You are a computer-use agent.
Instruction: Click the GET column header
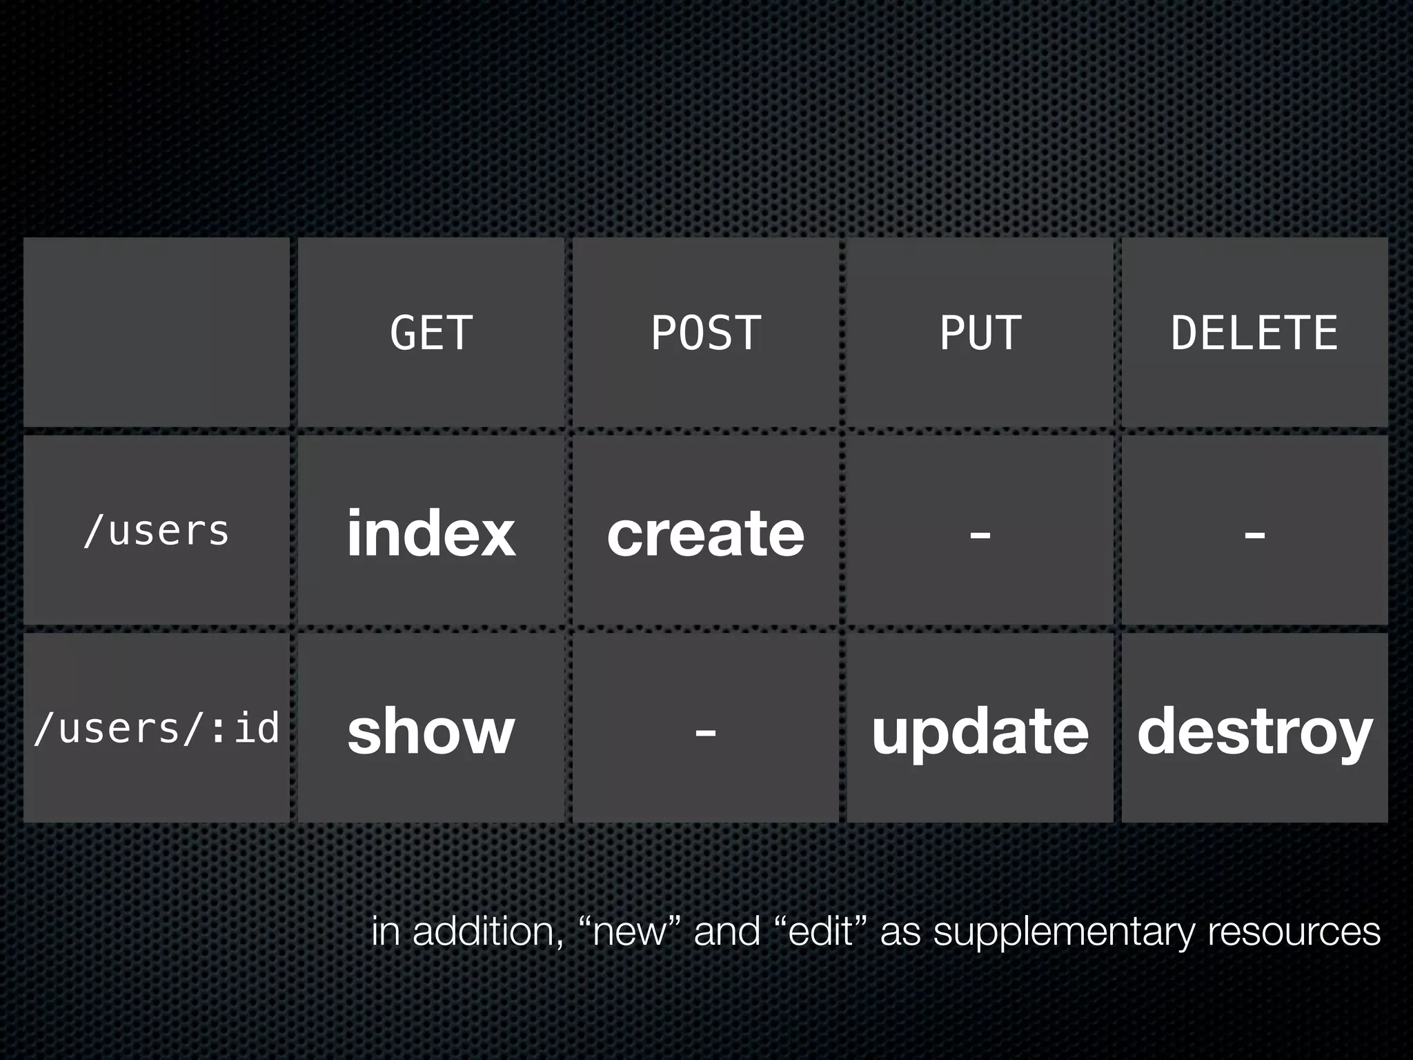431,333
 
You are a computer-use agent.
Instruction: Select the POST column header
706,333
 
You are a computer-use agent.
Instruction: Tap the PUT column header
980,333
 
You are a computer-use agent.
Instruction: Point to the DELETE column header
1254,333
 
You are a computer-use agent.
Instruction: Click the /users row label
157,531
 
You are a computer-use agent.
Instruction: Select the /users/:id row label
157,729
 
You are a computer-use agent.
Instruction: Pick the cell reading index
431,533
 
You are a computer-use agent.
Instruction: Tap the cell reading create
706,533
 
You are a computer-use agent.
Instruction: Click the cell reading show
431,732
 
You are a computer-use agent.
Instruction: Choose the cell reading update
980,732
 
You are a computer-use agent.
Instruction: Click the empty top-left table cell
157,332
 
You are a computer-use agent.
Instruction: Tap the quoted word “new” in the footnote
629,932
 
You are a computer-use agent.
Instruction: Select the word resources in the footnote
1294,932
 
